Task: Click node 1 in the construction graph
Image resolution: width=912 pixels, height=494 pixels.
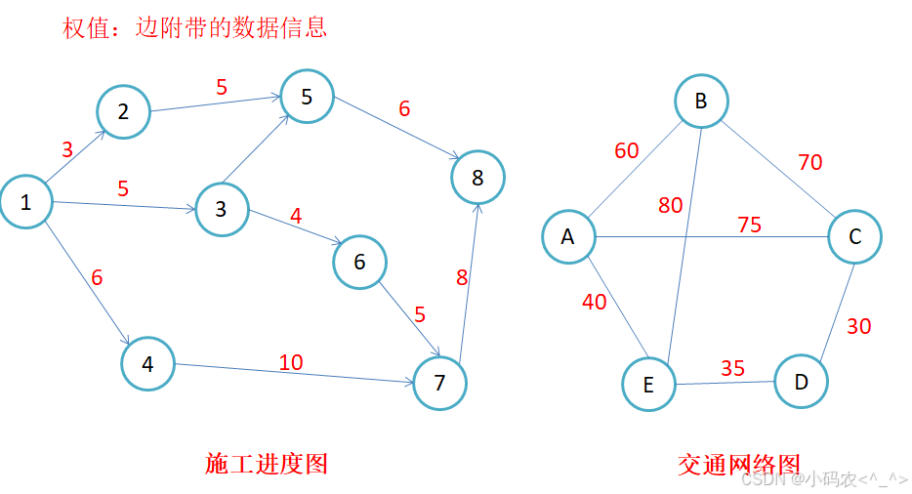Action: [x=26, y=201]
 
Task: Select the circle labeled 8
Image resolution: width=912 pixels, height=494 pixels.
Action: [x=477, y=178]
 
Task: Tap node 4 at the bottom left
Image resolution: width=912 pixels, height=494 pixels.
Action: [x=147, y=363]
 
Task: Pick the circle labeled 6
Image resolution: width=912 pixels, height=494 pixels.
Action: [x=359, y=262]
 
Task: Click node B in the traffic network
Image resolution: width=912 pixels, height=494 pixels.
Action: [x=701, y=102]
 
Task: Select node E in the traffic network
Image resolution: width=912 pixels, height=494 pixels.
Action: [x=648, y=384]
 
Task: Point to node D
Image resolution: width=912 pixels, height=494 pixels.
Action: [x=801, y=382]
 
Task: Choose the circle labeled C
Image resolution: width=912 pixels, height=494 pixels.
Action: [x=854, y=237]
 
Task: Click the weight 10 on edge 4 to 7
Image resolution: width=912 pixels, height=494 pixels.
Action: [x=291, y=362]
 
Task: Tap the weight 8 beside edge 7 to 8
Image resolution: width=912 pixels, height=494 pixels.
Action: [x=462, y=277]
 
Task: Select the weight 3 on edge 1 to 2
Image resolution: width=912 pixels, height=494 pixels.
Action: [x=67, y=149]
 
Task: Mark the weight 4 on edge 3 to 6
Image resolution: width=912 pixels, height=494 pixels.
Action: [x=296, y=216]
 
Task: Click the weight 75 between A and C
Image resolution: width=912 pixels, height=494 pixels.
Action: [x=749, y=225]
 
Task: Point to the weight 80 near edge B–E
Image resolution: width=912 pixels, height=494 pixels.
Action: [x=670, y=205]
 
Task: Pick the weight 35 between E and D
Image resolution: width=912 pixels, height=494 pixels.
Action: [x=732, y=368]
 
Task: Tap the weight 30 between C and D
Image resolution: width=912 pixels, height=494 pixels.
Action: [x=858, y=326]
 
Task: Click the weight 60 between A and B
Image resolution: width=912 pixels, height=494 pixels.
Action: [x=627, y=150]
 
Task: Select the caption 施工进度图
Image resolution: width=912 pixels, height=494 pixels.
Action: [x=267, y=464]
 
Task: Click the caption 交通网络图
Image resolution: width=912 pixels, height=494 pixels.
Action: [x=738, y=465]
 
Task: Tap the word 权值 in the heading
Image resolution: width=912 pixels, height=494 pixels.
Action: [x=86, y=28]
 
